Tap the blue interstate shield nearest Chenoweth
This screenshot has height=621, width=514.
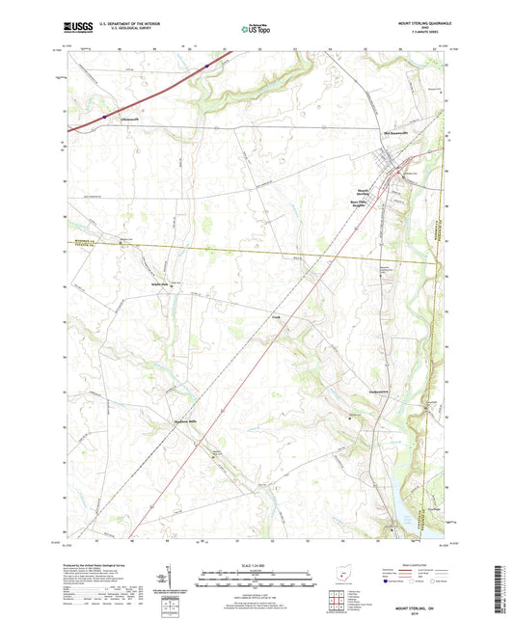tap(104, 115)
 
